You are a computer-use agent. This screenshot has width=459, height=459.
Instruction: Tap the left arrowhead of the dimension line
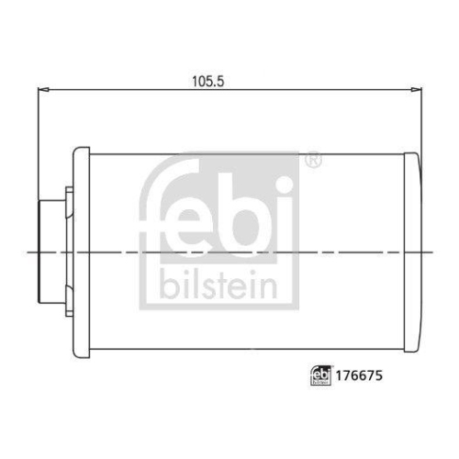point(40,90)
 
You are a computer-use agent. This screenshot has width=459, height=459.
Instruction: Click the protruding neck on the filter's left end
point(48,251)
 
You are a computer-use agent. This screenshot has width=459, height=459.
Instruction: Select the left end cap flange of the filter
point(81,251)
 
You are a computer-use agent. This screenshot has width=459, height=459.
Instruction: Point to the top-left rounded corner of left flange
point(75,149)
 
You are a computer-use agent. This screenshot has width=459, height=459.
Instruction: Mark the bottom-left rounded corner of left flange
point(75,353)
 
